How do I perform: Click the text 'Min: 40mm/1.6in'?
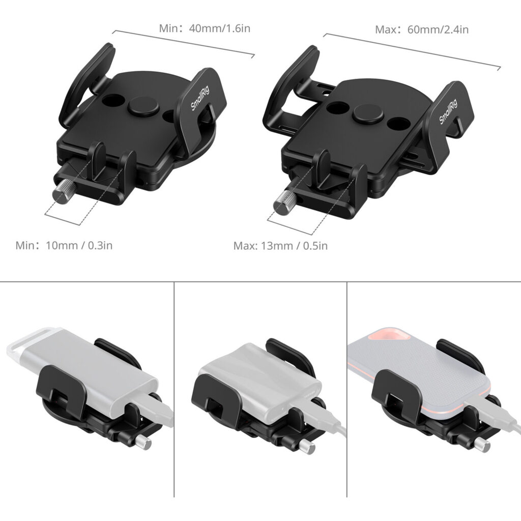(x=205, y=28)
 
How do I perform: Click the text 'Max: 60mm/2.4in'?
(x=422, y=30)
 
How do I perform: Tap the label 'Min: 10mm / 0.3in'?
(x=64, y=246)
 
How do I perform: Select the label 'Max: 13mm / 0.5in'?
(x=280, y=246)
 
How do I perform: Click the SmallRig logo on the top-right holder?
(x=448, y=111)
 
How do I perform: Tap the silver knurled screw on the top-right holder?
(x=282, y=204)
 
